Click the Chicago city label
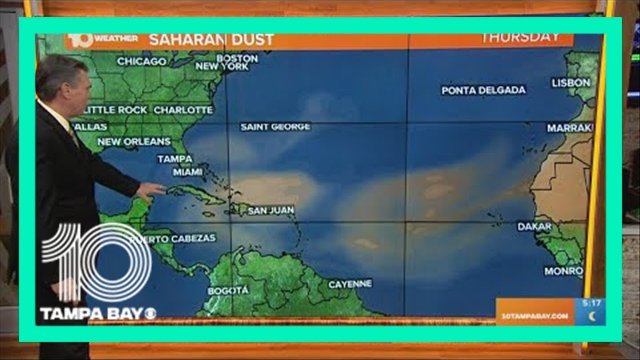(142, 62)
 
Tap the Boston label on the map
(237, 58)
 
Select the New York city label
(222, 66)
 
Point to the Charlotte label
(183, 110)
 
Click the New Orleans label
(134, 142)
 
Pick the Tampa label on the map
(175, 159)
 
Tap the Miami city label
(188, 172)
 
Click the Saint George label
(275, 127)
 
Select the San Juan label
(271, 211)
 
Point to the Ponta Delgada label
(483, 90)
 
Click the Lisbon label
(571, 83)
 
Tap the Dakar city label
(534, 227)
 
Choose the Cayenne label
(350, 284)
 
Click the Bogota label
(228, 291)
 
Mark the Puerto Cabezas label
(173, 239)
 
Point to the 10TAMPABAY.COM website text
(535, 316)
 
